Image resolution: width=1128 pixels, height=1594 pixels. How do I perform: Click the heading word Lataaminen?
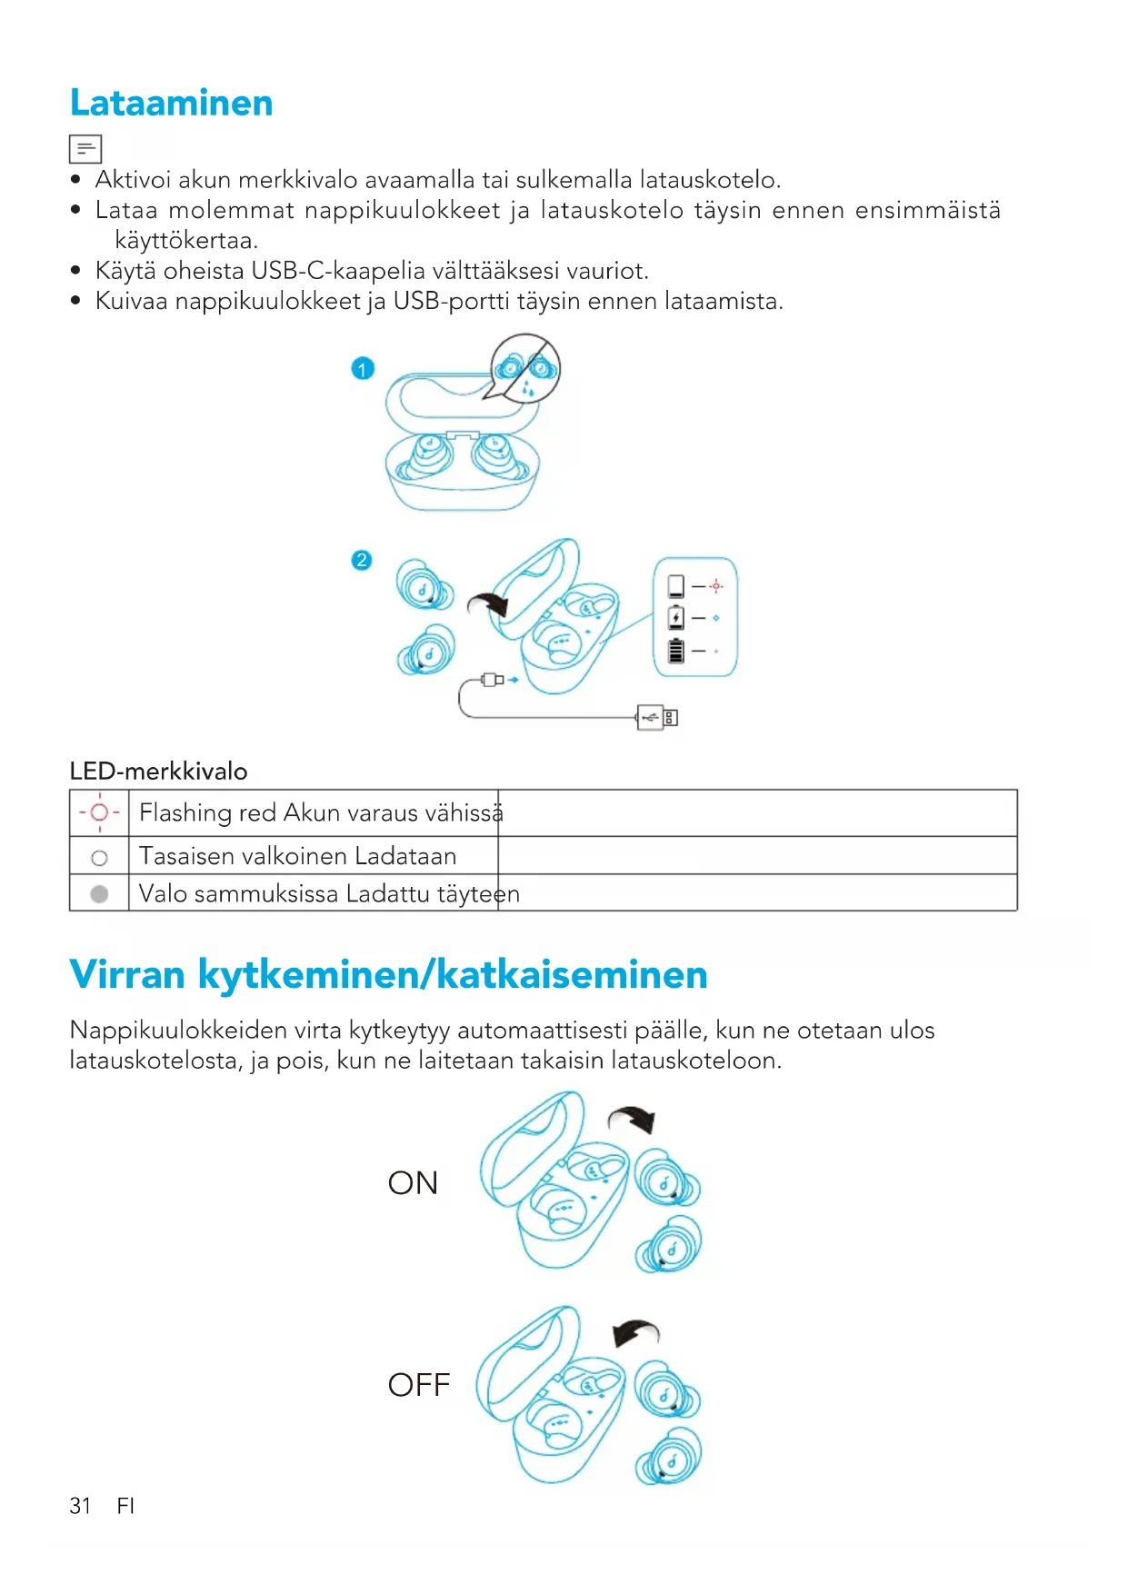(x=171, y=103)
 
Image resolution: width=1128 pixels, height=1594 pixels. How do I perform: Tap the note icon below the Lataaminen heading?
(x=85, y=148)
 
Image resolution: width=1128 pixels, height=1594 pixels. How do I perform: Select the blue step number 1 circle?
(x=363, y=369)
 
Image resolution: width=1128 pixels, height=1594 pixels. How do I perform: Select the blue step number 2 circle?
(x=362, y=560)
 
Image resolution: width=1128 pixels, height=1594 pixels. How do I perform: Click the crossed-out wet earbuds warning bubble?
(x=525, y=368)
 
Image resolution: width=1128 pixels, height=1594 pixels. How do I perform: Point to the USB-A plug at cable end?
(x=657, y=718)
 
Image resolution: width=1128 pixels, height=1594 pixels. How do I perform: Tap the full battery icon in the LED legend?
(x=675, y=651)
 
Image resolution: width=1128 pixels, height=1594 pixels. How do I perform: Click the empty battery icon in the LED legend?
(x=675, y=586)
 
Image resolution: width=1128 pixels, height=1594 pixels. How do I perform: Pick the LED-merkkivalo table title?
(x=158, y=772)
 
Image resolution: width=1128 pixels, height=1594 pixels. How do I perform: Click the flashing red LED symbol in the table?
(x=99, y=812)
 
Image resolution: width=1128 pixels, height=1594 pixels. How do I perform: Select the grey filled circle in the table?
(x=99, y=894)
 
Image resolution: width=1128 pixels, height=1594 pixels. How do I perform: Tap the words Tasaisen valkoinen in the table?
(x=243, y=856)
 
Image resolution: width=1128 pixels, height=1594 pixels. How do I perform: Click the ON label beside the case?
(x=413, y=1183)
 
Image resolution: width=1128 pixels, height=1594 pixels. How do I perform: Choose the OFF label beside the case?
(x=418, y=1385)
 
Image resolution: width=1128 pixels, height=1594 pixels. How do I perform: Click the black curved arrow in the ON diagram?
(x=634, y=1119)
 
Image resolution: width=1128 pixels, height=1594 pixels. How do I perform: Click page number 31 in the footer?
(x=80, y=1506)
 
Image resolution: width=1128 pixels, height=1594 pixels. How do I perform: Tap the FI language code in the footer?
(x=125, y=1506)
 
